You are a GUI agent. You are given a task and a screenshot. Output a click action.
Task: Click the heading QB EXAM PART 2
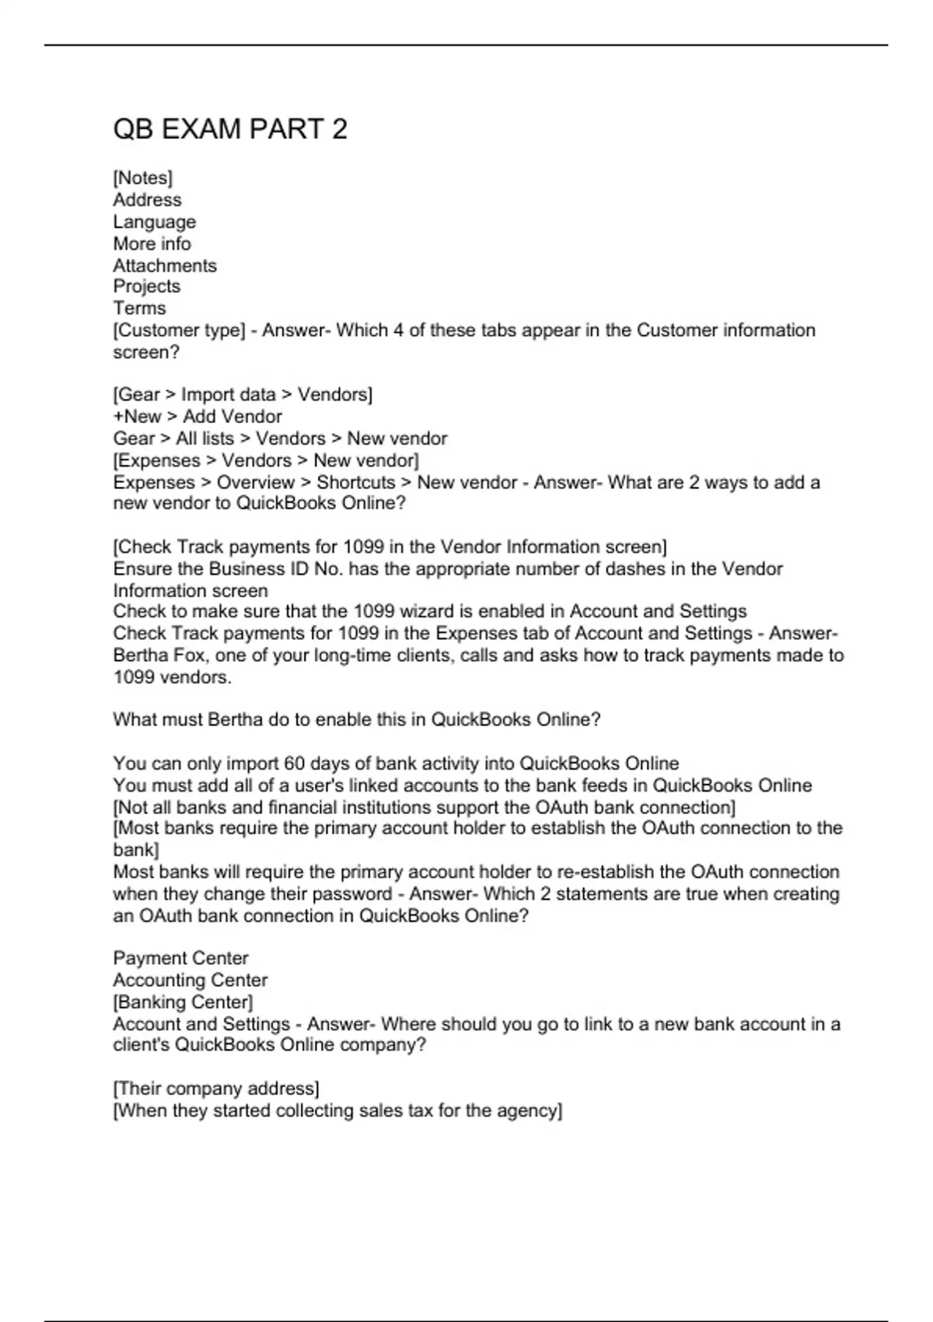tap(230, 129)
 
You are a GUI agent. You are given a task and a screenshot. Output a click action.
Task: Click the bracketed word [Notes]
tap(143, 178)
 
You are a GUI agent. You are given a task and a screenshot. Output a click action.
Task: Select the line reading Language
tap(154, 222)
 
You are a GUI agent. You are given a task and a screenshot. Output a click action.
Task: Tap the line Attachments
tap(165, 265)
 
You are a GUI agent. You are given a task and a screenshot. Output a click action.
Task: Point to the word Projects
tap(146, 286)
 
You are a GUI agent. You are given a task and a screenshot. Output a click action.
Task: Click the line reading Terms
tap(139, 308)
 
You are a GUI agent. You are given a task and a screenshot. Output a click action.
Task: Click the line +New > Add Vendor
tap(197, 417)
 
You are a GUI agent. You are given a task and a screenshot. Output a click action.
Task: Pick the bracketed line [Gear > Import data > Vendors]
tap(243, 395)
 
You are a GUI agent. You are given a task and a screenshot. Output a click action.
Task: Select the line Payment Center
tap(180, 958)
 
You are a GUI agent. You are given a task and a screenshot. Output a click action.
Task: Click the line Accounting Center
tap(190, 980)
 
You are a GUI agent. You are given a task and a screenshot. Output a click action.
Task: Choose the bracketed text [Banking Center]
tap(183, 1002)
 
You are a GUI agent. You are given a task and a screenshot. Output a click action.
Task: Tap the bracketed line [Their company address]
tap(216, 1089)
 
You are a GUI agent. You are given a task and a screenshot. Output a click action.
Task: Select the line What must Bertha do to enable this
tap(357, 720)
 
